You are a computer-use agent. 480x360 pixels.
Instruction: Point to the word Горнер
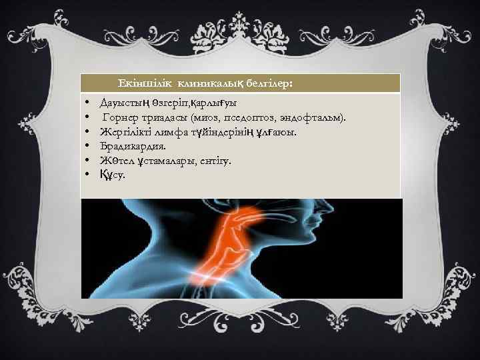tap(122, 118)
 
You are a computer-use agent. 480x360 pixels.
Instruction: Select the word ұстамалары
tap(162, 161)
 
